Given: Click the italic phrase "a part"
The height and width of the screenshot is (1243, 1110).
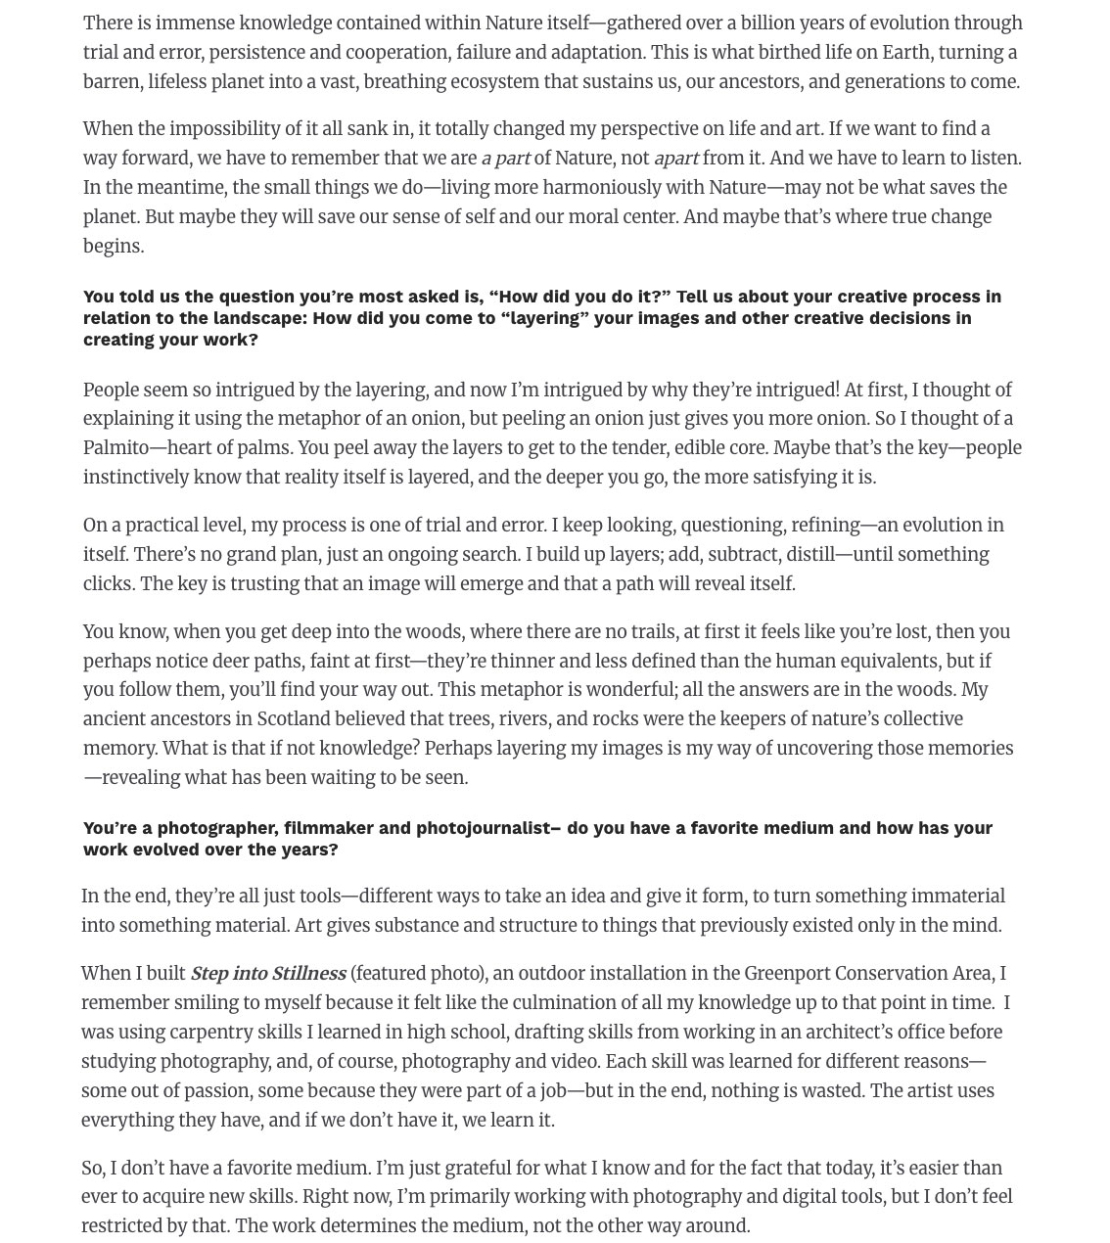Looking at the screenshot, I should [505, 159].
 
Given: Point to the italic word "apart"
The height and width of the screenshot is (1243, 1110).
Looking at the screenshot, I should [675, 159].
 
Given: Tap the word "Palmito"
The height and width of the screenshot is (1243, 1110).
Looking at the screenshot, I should [116, 448].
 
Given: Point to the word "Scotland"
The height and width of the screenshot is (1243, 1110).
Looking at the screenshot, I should [295, 719].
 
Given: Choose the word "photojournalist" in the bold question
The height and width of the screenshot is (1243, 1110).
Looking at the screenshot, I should [483, 828].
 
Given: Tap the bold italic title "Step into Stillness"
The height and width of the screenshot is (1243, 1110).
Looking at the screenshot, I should [267, 974].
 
